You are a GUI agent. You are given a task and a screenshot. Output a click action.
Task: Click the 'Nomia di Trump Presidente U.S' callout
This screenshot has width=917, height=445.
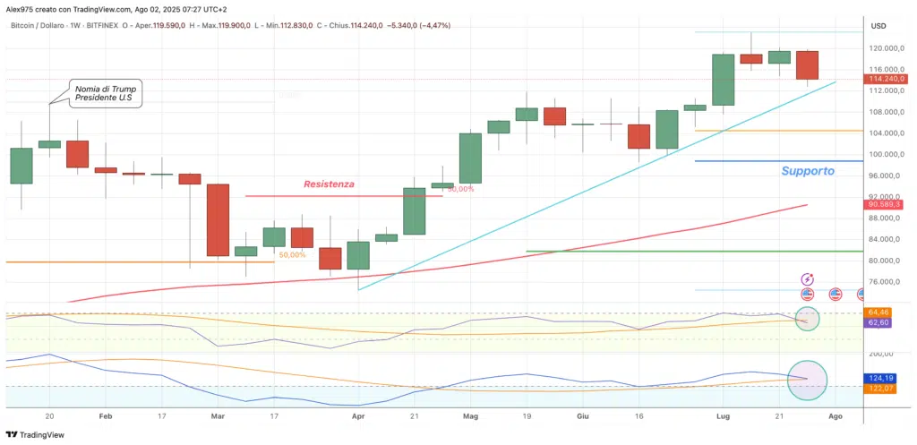tap(105, 92)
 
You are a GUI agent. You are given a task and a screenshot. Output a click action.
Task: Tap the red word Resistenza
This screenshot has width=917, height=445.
tap(329, 184)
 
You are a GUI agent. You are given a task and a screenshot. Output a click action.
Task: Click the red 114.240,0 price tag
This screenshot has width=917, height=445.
tap(886, 79)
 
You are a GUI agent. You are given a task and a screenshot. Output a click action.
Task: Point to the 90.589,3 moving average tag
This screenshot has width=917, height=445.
tap(886, 205)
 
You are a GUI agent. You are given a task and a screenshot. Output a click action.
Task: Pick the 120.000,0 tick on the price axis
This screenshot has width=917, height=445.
tap(886, 48)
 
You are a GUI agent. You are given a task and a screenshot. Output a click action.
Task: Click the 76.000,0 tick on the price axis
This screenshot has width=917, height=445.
tap(886, 282)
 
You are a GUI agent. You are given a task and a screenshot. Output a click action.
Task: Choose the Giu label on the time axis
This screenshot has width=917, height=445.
tap(583, 416)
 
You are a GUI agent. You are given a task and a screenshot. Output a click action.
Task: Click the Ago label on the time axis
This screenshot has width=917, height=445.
tap(835, 416)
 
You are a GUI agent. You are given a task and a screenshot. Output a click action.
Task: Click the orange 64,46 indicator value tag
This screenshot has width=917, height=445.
tap(878, 312)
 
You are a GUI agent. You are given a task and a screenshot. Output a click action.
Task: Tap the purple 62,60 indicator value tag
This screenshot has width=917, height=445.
tap(878, 322)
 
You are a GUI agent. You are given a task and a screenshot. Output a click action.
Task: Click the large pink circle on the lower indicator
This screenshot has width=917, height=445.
tap(807, 380)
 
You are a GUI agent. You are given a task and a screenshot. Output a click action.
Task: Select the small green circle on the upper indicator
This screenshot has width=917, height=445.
tap(807, 319)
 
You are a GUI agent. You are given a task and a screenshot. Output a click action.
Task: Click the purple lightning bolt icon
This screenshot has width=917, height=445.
tap(808, 279)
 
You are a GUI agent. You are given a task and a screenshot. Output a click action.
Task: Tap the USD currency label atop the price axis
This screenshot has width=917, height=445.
tap(878, 25)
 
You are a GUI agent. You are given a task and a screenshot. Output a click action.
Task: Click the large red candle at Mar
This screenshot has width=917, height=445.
tap(218, 220)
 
